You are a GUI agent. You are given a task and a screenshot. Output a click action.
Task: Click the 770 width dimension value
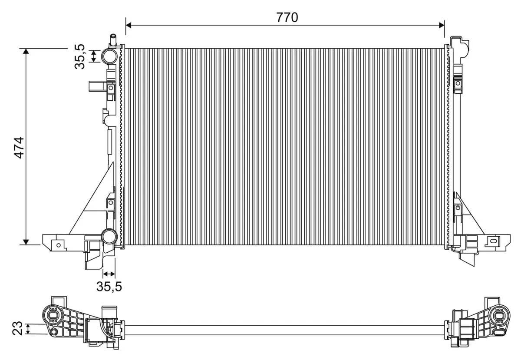point(287,17)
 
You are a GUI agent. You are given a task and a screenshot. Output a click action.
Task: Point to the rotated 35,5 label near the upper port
point(80,56)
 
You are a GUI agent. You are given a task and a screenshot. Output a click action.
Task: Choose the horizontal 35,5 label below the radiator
point(109,287)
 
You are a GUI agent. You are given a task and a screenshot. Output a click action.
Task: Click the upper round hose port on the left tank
point(109,56)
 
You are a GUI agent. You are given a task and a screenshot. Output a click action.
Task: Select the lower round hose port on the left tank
point(109,237)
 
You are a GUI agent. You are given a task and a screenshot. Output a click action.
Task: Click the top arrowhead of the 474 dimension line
point(26,52)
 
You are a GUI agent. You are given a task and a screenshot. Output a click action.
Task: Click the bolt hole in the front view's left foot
point(58,245)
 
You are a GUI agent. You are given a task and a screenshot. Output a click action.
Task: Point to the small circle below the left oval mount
point(54,332)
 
